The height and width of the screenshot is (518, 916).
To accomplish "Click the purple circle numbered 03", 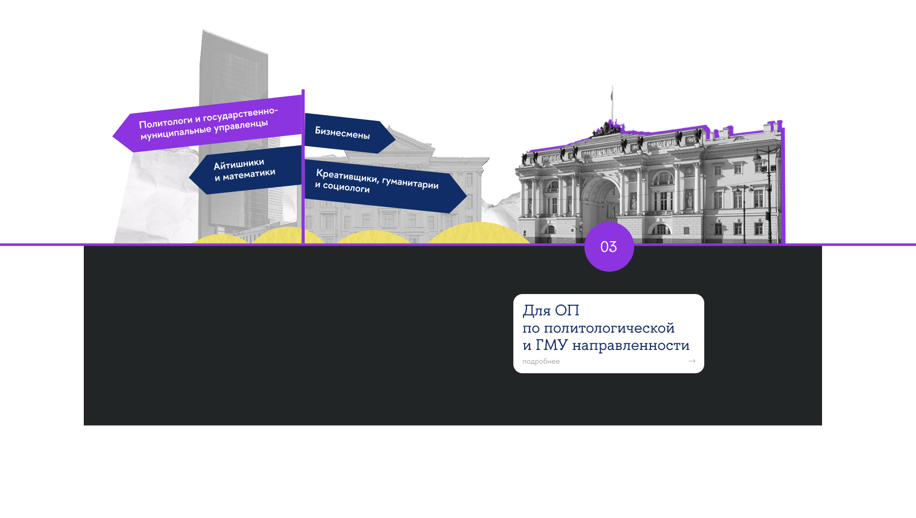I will (609, 247).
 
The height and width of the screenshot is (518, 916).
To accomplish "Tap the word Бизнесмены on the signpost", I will (342, 133).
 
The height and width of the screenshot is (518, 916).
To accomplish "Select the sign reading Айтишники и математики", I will (245, 170).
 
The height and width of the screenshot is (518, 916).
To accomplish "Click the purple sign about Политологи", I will (208, 123).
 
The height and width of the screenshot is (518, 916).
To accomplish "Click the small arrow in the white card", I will (692, 361).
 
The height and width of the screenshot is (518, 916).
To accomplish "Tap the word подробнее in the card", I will (541, 362).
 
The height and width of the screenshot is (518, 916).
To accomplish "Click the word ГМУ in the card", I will (551, 345).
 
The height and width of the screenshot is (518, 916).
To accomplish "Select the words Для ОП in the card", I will (551, 310).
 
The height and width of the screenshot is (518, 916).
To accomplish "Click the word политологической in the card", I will (609, 328).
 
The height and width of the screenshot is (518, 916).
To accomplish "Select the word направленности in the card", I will (631, 345).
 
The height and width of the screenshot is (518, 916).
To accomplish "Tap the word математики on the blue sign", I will (249, 174).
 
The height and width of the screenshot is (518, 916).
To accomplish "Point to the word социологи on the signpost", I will (346, 188).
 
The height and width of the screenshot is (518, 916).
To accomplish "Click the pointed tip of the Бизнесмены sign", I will (394, 137).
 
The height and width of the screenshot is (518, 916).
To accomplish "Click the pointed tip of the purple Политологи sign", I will (114, 135).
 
